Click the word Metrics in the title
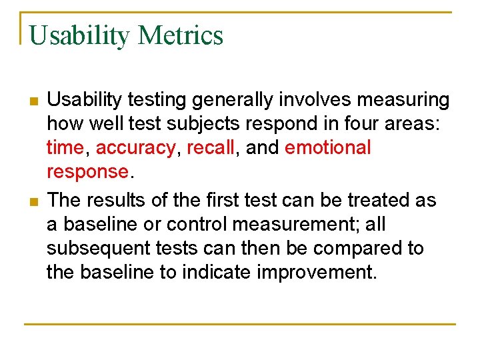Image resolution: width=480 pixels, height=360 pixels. [x=181, y=35]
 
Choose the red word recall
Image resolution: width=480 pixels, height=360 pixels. [x=211, y=148]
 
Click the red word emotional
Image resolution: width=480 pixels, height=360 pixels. [x=327, y=148]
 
